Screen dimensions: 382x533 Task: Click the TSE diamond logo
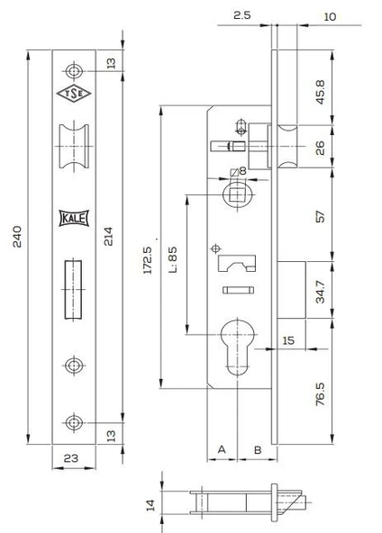point(74,94)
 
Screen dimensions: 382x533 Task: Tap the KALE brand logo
point(74,218)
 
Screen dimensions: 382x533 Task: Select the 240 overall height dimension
point(17,236)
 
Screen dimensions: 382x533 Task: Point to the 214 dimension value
point(108,236)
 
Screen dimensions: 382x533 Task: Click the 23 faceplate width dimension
point(71,458)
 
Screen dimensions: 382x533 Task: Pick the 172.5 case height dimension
point(147,260)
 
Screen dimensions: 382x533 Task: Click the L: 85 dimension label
point(172,260)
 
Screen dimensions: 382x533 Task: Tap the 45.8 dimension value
point(320,92)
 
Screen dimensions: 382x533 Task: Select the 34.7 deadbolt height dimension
point(320,292)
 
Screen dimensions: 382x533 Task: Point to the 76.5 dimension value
point(320,394)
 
